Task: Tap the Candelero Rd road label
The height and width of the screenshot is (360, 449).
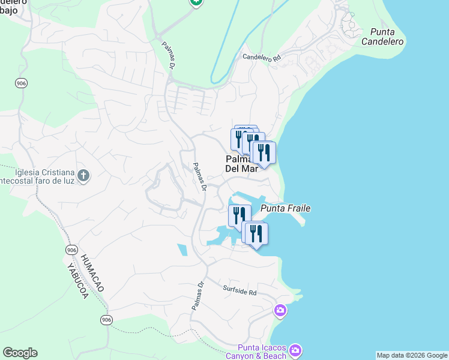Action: tap(261, 58)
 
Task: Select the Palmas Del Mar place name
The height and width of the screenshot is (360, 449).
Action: tap(241, 164)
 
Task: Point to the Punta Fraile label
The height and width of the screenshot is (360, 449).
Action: tap(285, 208)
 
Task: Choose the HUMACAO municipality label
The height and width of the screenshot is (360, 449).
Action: tap(92, 272)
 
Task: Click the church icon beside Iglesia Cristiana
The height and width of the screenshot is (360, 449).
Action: tap(83, 176)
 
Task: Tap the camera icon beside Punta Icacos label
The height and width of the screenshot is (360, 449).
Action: tap(295, 350)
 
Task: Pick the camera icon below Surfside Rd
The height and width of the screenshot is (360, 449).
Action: tap(280, 311)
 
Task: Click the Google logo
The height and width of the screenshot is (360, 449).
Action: tap(20, 353)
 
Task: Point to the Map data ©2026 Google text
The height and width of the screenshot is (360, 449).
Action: tap(412, 355)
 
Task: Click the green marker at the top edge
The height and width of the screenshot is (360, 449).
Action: tap(196, 2)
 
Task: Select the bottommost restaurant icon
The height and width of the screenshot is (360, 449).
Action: tap(256, 233)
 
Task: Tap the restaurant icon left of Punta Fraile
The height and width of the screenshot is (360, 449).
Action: tap(240, 215)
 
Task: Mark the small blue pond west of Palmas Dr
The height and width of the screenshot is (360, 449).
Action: tap(182, 249)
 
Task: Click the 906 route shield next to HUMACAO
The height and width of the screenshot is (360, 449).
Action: tap(72, 250)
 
